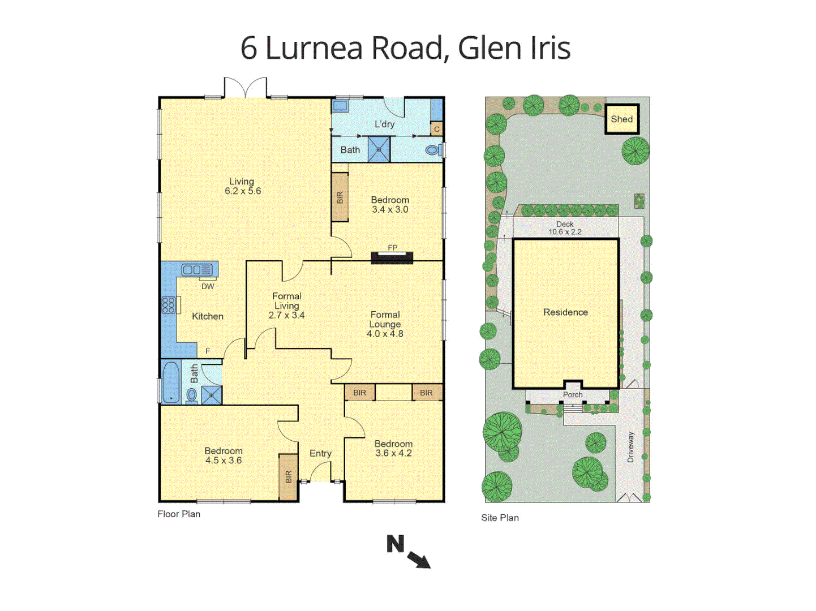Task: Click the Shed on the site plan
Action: pos(622,119)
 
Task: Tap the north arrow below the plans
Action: pos(419,559)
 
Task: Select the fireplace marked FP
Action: pos(392,258)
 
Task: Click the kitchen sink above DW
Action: pos(196,270)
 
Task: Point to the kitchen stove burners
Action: pos(168,305)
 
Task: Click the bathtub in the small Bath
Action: pos(170,382)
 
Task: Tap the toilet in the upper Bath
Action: pos(432,150)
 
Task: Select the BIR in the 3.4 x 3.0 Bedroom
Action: pos(340,197)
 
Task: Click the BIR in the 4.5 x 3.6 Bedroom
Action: pos(288,477)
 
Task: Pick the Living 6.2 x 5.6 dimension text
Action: pos(243,191)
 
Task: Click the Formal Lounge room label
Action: pos(385,320)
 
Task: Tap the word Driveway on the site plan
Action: pos(631,447)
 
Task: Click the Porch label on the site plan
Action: pos(573,394)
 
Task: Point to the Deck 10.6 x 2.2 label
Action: pos(565,228)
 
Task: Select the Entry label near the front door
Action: pos(320,453)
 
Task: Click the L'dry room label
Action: pos(385,124)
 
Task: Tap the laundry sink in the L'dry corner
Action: pos(340,105)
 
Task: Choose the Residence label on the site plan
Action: pos(565,312)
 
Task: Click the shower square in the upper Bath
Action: pos(379,150)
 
